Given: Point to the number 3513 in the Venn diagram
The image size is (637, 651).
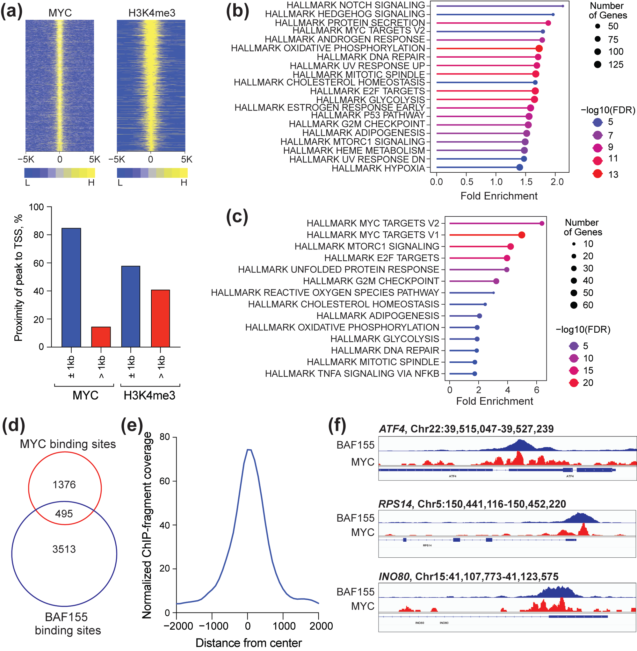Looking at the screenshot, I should click(64, 549).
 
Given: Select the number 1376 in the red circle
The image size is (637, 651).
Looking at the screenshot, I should click(64, 484).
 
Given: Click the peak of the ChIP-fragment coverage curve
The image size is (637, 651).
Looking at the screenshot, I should click(249, 450).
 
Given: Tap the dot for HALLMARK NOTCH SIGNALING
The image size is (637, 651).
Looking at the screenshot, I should click(563, 6).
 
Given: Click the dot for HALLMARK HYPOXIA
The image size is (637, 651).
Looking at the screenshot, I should click(519, 167).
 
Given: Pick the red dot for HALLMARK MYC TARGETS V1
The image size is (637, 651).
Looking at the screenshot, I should click(521, 235).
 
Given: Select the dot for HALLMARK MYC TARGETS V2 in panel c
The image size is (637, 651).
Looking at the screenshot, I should click(542, 223).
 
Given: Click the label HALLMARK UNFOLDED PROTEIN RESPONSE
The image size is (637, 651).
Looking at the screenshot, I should click(338, 269).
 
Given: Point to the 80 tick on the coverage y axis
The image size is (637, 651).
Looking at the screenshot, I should click(165, 437).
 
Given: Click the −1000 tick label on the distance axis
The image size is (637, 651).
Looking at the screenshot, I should click(214, 626).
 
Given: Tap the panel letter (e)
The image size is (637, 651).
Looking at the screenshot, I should click(132, 425).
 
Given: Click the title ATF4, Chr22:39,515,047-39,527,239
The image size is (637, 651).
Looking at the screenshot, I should click(466, 429).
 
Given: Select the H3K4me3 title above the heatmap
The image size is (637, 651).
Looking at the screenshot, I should click(152, 13).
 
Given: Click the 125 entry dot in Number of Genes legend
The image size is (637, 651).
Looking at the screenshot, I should click(597, 65).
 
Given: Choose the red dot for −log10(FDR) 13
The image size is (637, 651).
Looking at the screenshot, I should click(597, 174).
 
